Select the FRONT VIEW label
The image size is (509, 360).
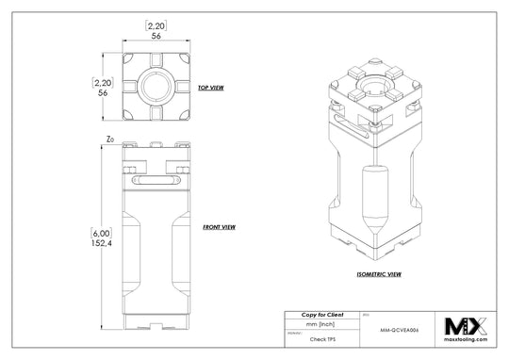(219, 227)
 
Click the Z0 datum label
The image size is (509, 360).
(111, 141)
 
